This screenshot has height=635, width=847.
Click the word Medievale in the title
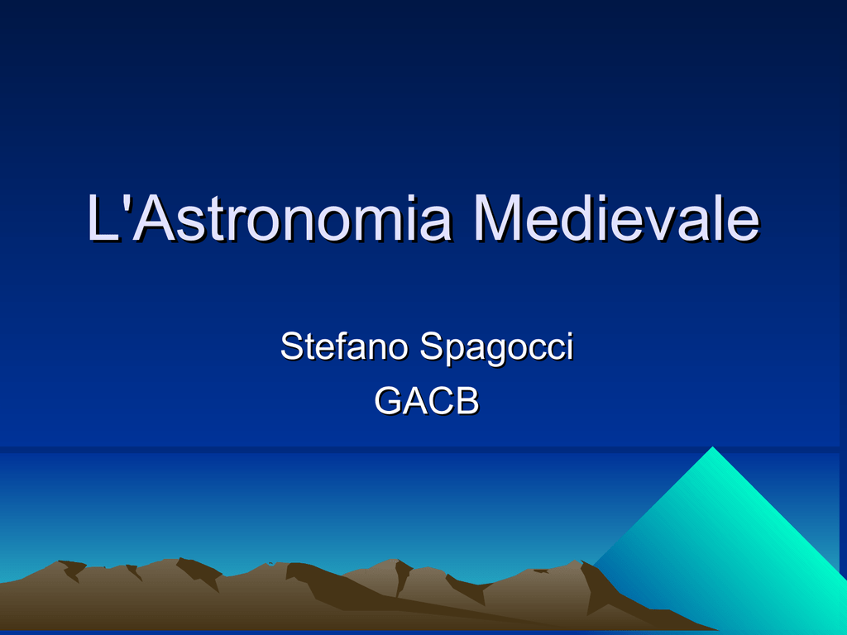coord(616,217)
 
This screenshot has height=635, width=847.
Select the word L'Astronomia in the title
coord(269,217)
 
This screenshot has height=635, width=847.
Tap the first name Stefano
coord(344,346)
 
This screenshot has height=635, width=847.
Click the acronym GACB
coord(427,401)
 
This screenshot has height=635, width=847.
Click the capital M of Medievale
coord(496,217)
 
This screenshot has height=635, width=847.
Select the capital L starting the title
coord(103,217)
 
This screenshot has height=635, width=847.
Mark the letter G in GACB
coord(389,401)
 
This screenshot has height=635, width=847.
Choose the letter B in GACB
coord(467,401)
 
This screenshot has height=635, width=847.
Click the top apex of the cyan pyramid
coord(712,446)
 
